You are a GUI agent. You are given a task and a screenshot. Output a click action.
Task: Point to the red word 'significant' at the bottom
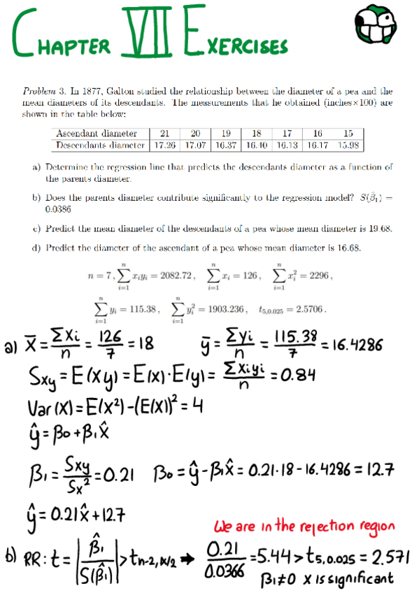pos(367,577)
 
